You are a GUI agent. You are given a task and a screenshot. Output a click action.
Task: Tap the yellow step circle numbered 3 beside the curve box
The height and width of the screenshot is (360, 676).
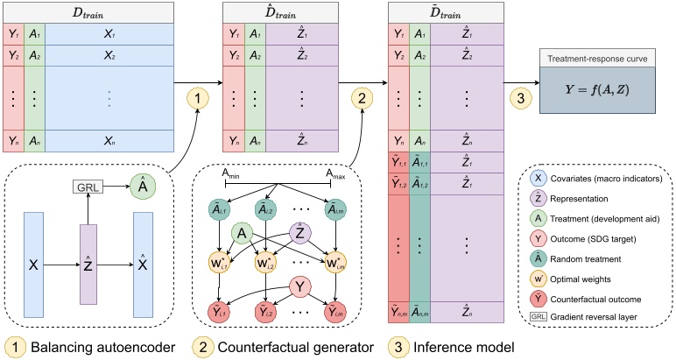pyautogui.click(x=523, y=97)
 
